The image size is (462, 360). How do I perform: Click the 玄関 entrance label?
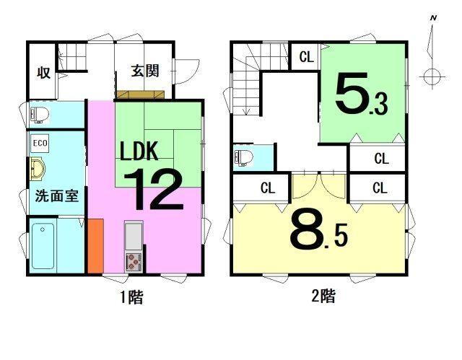(x=144, y=71)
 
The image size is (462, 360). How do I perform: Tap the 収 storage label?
(x=43, y=72)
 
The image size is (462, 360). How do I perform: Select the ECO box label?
(x=40, y=143)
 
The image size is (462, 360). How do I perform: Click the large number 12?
(x=154, y=189)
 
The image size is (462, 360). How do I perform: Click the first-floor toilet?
(x=40, y=114)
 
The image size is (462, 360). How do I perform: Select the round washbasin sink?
(x=38, y=170)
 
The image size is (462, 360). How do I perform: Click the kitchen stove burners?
(x=134, y=261)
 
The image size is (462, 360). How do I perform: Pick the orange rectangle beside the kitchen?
(x=95, y=246)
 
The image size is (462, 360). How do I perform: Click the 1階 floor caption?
(x=130, y=297)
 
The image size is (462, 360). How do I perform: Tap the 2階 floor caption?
(x=323, y=295)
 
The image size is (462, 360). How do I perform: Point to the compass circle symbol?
(x=432, y=75)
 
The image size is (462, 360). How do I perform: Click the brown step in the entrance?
(x=142, y=95)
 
